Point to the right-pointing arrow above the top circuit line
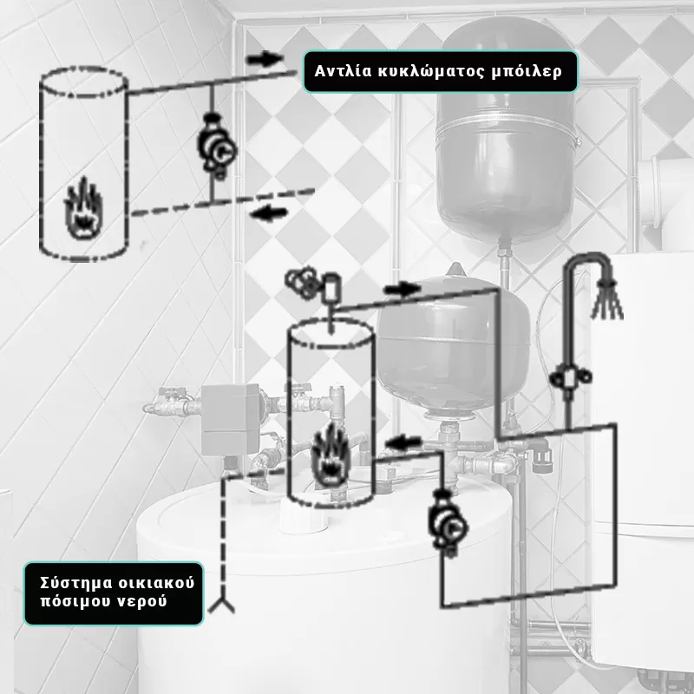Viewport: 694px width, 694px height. (x=265, y=59)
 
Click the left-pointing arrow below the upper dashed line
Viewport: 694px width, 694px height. (x=270, y=213)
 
